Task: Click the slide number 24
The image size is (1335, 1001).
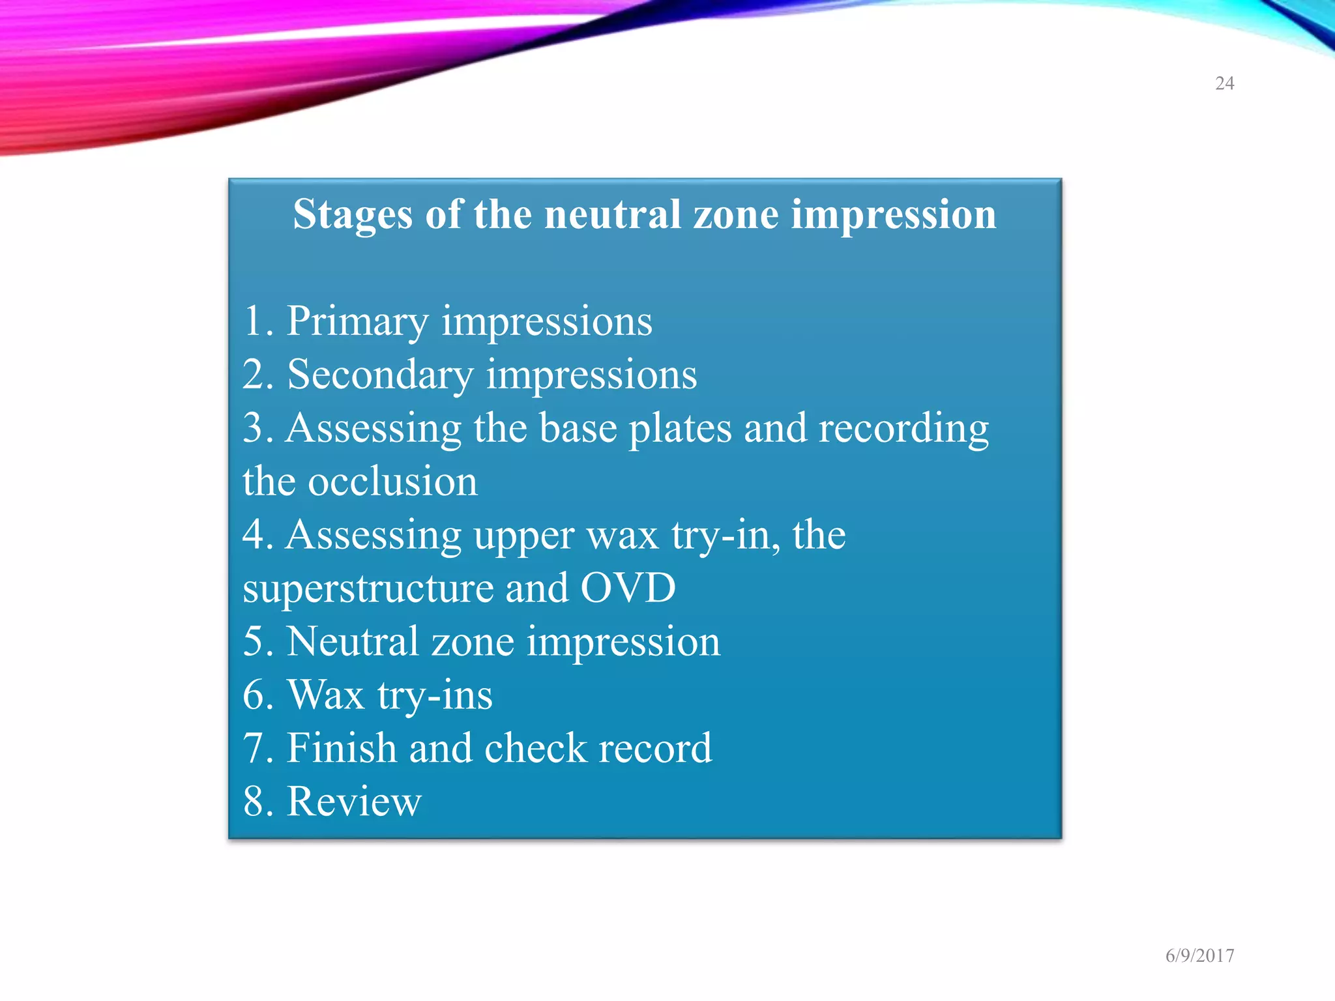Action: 1224,83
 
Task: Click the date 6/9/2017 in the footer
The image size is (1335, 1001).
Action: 1199,955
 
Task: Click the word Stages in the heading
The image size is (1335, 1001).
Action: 352,215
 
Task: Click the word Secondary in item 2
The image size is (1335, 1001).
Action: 380,375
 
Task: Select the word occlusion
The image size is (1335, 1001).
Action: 392,482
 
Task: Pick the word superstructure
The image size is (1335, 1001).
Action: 368,588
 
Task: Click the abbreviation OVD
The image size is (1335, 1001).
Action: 628,588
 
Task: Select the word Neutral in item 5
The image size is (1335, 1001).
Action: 352,641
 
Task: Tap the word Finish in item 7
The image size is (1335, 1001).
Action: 342,748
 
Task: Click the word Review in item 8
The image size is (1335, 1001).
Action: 354,802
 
